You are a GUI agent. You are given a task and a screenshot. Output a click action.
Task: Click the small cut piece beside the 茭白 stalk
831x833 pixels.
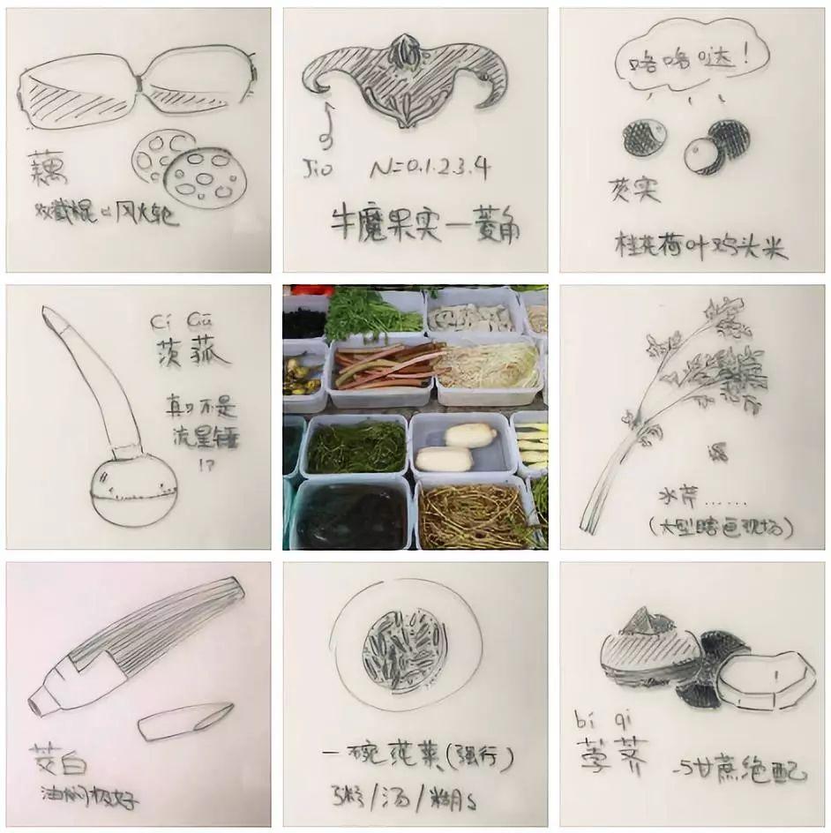click(x=184, y=721)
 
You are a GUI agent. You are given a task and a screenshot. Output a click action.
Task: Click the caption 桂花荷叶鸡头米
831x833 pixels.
click(x=700, y=246)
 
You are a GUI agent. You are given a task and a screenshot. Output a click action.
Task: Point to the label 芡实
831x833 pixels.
click(x=633, y=189)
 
